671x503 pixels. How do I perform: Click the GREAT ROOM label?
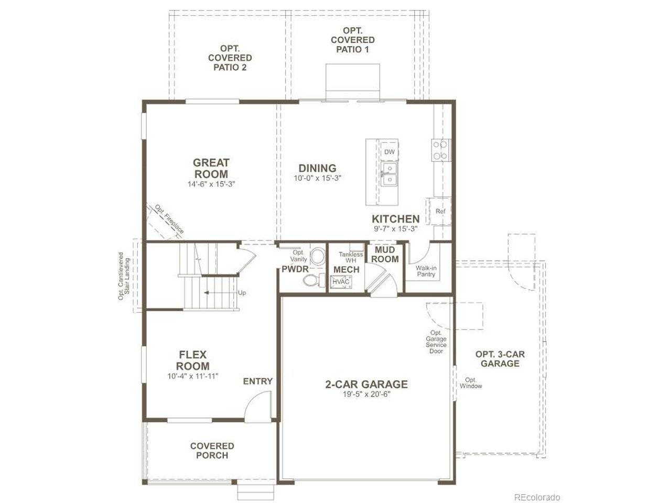[x=211, y=168]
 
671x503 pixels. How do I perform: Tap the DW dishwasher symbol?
[x=389, y=152]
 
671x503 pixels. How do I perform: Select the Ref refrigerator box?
[x=440, y=211]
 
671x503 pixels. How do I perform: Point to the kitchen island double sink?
[x=389, y=174]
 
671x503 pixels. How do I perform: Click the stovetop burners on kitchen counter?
[x=440, y=150]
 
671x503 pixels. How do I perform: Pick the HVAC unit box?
[x=341, y=281]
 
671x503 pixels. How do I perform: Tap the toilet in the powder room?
[x=314, y=280]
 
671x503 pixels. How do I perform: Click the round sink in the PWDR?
[x=318, y=256]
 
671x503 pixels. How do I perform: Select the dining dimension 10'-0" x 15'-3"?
[x=317, y=178]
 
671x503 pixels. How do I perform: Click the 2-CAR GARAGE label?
[x=366, y=384]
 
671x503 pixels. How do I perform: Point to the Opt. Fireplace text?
[x=169, y=219]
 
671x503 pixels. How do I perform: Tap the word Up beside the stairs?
[x=242, y=293]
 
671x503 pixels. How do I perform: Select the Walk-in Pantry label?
[x=426, y=271]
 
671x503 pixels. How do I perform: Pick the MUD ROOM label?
[x=385, y=255]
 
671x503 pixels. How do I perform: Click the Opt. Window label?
[x=471, y=383]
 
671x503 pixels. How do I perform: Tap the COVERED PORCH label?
[x=212, y=451]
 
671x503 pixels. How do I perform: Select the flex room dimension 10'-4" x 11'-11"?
[x=192, y=376]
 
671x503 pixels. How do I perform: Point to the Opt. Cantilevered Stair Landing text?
[x=124, y=276]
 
